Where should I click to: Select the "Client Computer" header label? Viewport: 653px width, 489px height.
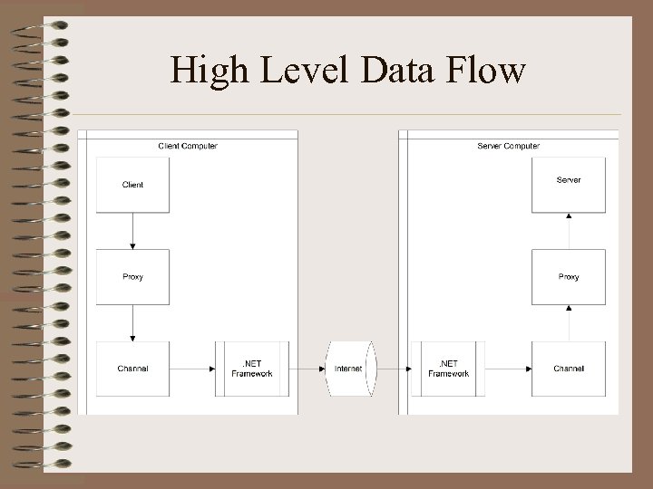(188, 145)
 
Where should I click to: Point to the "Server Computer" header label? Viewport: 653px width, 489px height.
(508, 145)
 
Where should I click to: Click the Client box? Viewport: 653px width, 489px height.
(132, 185)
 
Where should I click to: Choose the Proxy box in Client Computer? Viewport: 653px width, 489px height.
(132, 276)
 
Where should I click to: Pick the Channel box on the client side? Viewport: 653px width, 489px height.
(132, 369)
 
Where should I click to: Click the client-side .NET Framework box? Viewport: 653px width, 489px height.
(252, 369)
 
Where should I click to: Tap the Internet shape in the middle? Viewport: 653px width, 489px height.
(348, 369)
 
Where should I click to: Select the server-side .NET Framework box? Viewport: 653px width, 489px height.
(448, 369)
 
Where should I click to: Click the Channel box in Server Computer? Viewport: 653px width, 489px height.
(569, 369)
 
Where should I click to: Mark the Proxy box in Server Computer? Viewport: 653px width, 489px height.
(569, 276)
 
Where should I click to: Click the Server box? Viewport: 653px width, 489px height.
(569, 184)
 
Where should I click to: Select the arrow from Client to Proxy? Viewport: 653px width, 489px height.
(132, 231)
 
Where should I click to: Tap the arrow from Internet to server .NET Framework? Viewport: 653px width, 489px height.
(392, 369)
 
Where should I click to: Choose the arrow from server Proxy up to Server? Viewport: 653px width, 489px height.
(569, 230)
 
